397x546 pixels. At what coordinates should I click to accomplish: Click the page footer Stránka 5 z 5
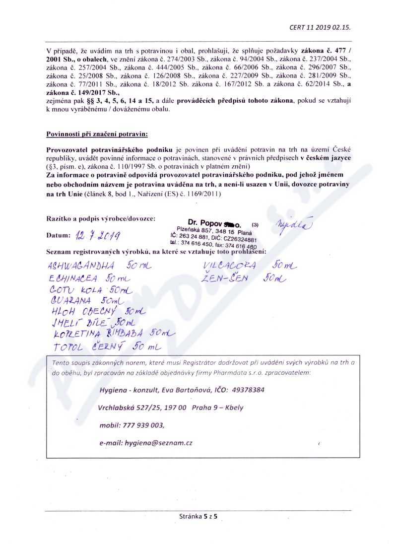(198, 517)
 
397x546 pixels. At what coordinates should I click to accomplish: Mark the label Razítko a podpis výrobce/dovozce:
(101, 218)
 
